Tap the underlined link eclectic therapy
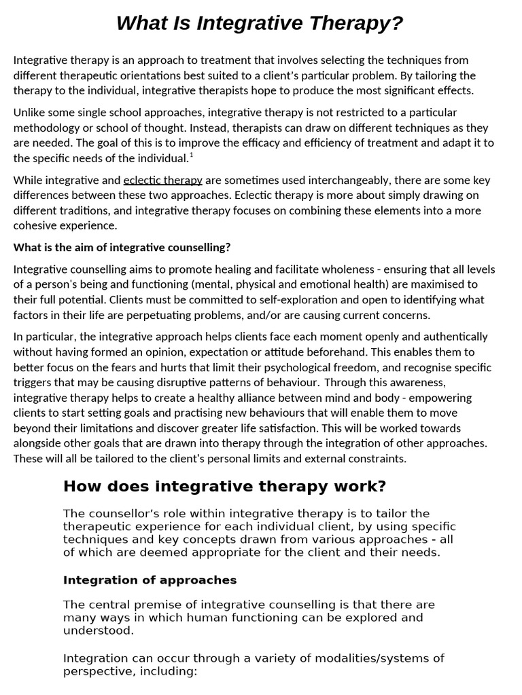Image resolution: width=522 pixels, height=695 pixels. (x=162, y=181)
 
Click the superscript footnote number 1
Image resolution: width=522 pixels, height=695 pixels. (x=192, y=155)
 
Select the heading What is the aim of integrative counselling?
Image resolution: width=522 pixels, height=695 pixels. (x=122, y=246)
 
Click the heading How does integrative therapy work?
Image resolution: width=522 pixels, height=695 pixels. (x=224, y=486)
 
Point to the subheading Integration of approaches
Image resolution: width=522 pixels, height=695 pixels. (x=150, y=580)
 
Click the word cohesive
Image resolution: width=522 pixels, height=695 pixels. (x=36, y=225)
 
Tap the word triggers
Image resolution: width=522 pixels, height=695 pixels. (x=33, y=381)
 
